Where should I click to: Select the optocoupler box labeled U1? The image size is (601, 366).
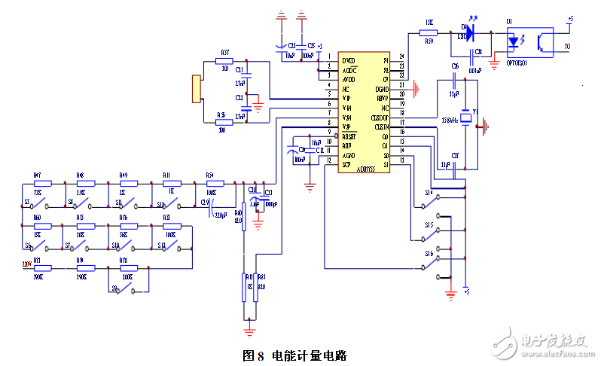click(530, 42)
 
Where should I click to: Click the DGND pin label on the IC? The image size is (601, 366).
click(383, 89)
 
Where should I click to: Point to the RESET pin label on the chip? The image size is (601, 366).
click(349, 136)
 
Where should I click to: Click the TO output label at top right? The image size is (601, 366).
click(567, 47)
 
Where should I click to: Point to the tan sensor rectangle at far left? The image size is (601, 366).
click(197, 89)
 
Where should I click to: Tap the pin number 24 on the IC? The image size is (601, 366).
click(402, 57)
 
